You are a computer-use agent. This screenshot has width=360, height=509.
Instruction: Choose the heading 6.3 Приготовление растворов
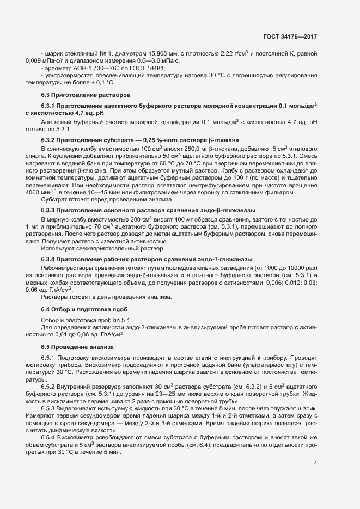click(x=78, y=95)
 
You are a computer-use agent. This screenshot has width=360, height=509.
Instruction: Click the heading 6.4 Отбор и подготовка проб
click(x=81, y=309)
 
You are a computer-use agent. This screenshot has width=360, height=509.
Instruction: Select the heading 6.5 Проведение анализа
click(x=77, y=346)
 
